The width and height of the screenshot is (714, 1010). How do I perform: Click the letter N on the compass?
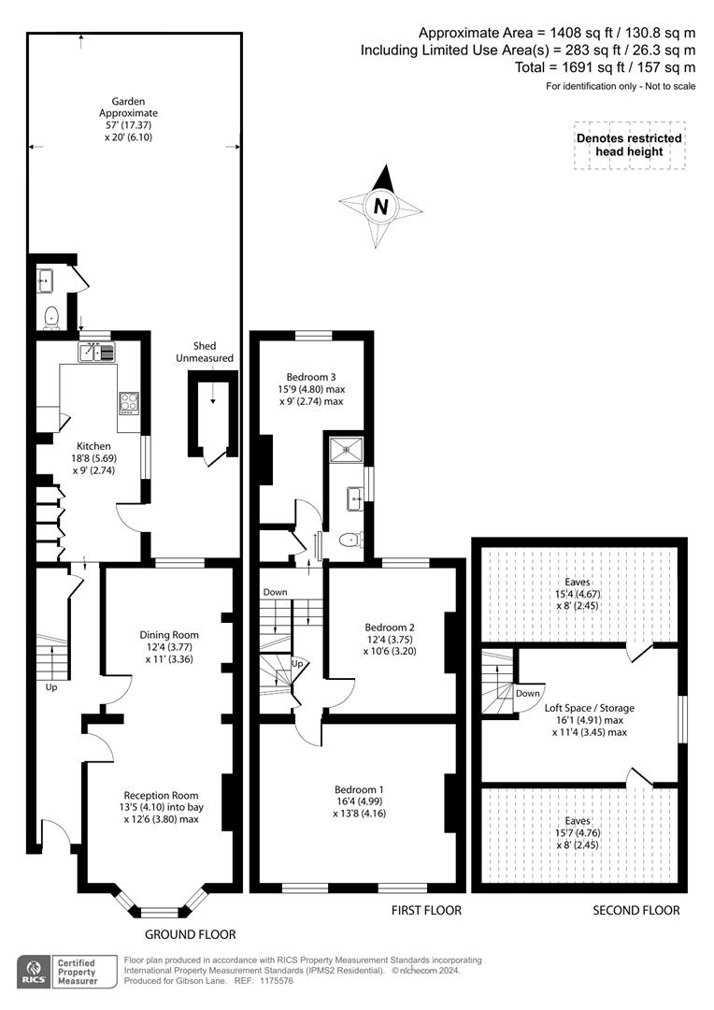point(380,206)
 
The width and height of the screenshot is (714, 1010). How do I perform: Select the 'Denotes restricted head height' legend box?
point(629,145)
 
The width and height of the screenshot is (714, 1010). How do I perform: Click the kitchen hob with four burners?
point(129,402)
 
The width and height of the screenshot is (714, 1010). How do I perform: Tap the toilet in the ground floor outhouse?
point(51,317)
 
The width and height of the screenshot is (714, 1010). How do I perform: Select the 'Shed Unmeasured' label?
point(212,352)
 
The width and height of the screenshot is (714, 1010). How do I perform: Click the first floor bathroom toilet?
point(350,540)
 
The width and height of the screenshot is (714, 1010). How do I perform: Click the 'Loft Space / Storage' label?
point(589,708)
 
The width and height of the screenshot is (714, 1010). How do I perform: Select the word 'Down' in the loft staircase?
point(527,693)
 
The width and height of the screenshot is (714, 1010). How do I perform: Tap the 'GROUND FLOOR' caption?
point(190,934)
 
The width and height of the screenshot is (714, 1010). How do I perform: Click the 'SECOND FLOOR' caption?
point(636,910)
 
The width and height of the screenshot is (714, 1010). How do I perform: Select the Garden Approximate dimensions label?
point(129,119)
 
